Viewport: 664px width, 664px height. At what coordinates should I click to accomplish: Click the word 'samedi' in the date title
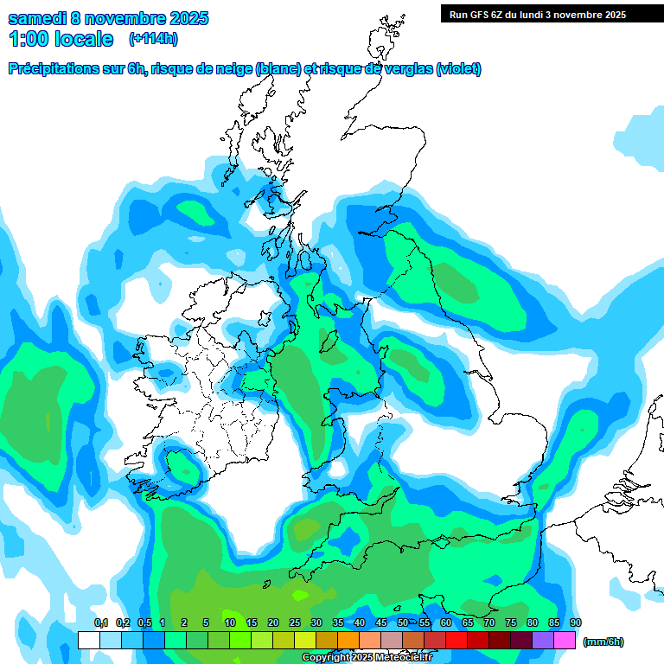click(x=38, y=18)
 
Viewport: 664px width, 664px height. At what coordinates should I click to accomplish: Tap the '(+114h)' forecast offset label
click(x=153, y=39)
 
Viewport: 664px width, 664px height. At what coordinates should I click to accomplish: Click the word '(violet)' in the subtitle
click(x=458, y=69)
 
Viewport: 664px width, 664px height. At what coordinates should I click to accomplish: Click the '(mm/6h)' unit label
click(x=603, y=642)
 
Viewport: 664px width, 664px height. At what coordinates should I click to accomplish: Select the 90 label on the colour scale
click(x=576, y=622)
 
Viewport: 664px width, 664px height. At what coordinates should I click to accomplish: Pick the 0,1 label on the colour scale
click(x=100, y=622)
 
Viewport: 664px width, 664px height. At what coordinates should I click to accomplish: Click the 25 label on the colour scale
click(x=295, y=622)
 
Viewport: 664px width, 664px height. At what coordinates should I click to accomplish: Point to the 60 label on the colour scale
click(x=446, y=622)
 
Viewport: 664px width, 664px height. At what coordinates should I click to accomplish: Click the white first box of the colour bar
click(x=88, y=641)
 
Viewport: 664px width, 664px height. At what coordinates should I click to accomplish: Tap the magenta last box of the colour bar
click(x=565, y=641)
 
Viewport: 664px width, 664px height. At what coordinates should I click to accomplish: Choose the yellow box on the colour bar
click(x=305, y=641)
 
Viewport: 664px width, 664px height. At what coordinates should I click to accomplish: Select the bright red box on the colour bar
click(x=456, y=641)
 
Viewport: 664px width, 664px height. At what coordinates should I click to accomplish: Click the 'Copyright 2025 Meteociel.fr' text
click(x=367, y=658)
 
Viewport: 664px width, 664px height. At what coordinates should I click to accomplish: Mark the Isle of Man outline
click(x=328, y=339)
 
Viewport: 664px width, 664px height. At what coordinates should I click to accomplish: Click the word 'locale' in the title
click(x=83, y=39)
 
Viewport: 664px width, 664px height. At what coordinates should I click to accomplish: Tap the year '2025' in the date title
click(x=182, y=18)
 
